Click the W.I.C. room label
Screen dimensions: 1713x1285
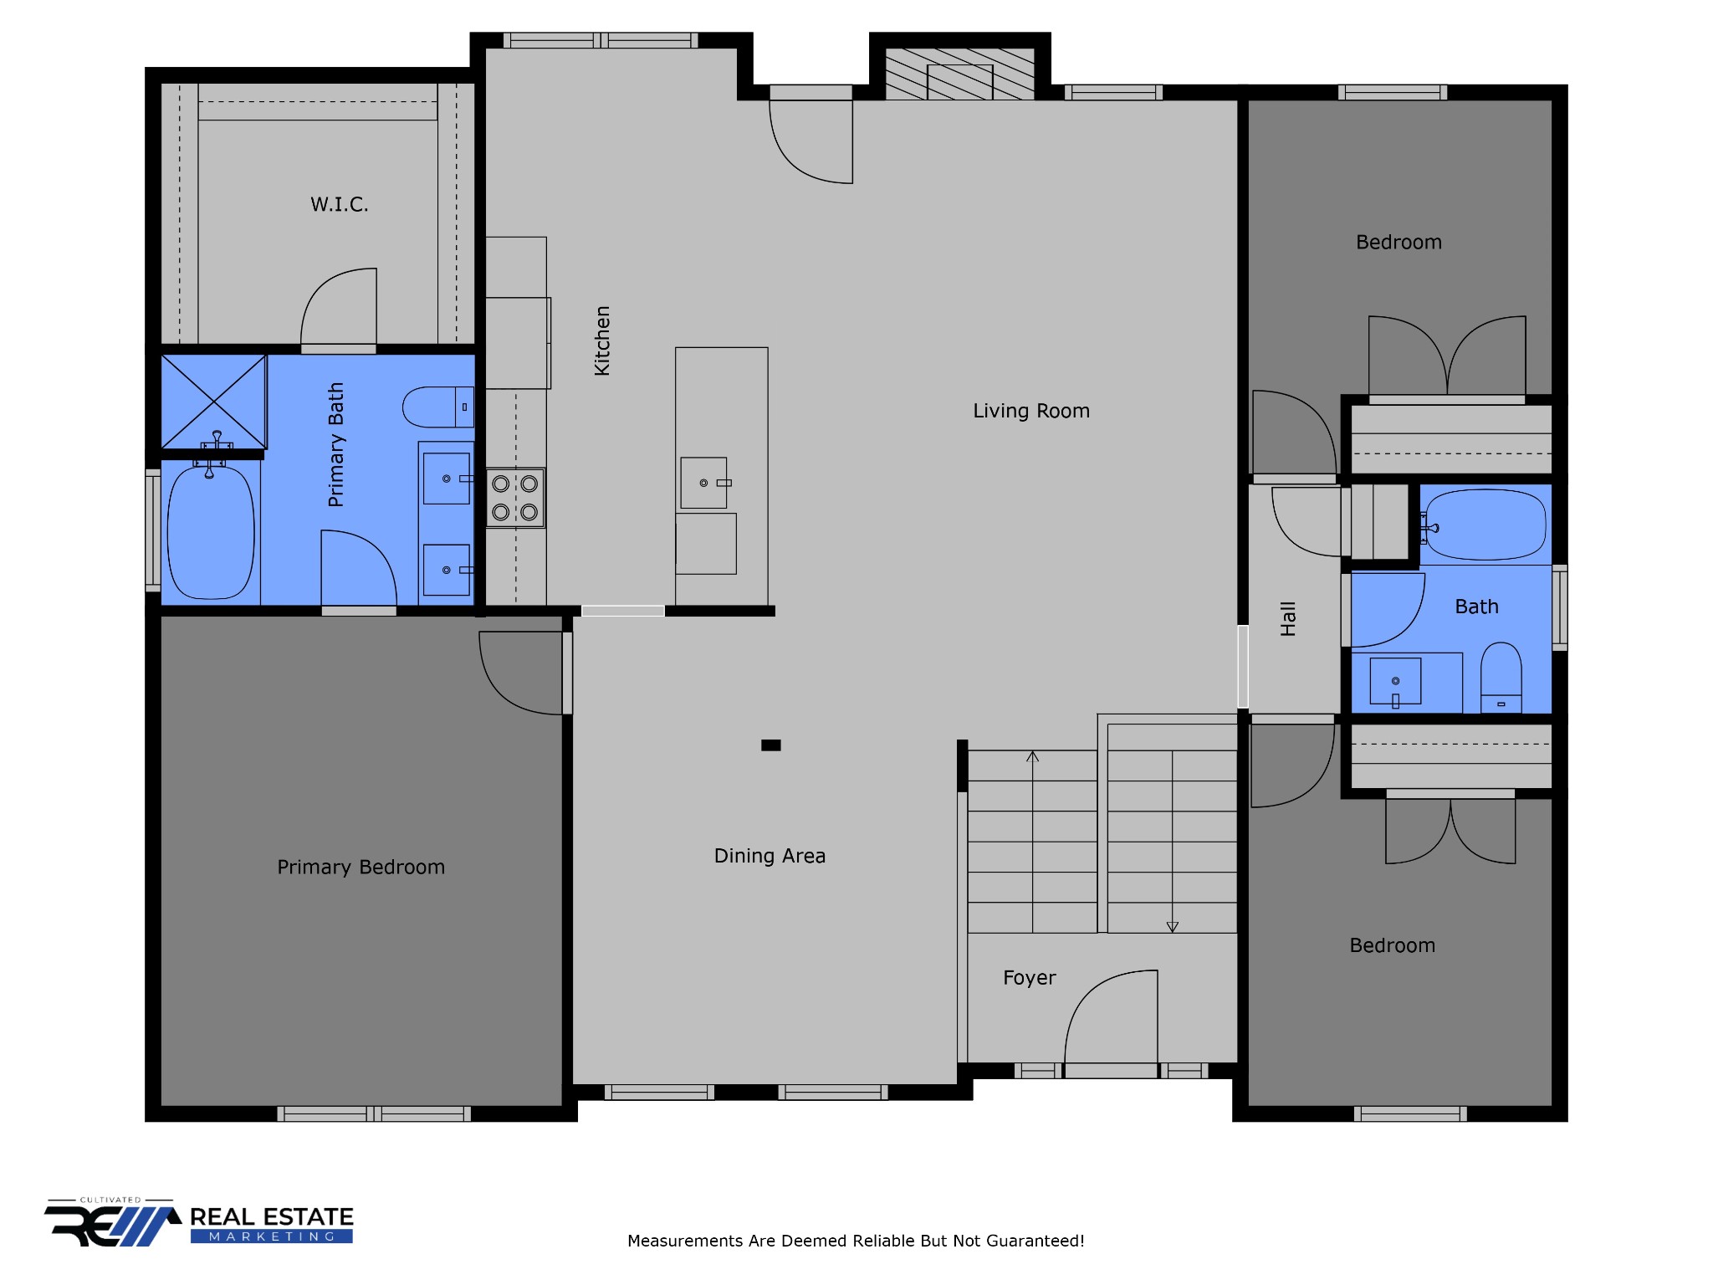point(339,204)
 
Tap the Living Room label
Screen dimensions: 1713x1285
point(1031,411)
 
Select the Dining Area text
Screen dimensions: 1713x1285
point(770,856)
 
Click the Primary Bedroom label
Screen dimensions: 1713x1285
point(361,868)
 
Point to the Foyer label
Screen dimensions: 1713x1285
point(1030,978)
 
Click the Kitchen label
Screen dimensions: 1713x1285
point(602,340)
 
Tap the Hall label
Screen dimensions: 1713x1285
point(1288,619)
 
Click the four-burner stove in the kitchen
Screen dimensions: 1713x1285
point(515,498)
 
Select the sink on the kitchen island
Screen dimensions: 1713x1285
point(704,483)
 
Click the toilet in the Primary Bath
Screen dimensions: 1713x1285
point(438,407)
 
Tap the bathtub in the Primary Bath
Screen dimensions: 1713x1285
point(211,532)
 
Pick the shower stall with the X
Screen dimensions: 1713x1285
point(213,402)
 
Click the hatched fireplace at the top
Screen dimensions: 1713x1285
point(960,74)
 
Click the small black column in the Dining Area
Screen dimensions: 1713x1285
point(771,745)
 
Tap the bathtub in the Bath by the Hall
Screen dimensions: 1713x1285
point(1485,525)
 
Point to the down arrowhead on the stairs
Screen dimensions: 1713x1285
point(1173,927)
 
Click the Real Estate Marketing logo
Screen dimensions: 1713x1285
point(199,1224)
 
